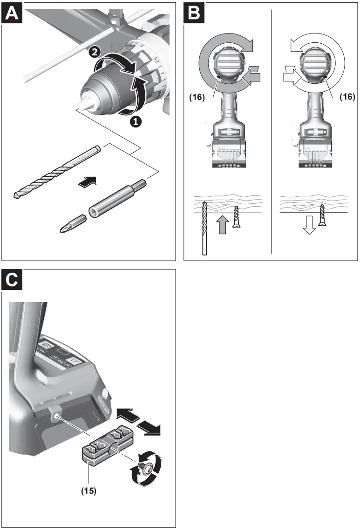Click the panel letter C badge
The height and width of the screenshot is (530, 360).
[13, 280]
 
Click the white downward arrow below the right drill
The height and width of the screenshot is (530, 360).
[308, 226]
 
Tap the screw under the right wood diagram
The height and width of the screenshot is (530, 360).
[322, 215]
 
